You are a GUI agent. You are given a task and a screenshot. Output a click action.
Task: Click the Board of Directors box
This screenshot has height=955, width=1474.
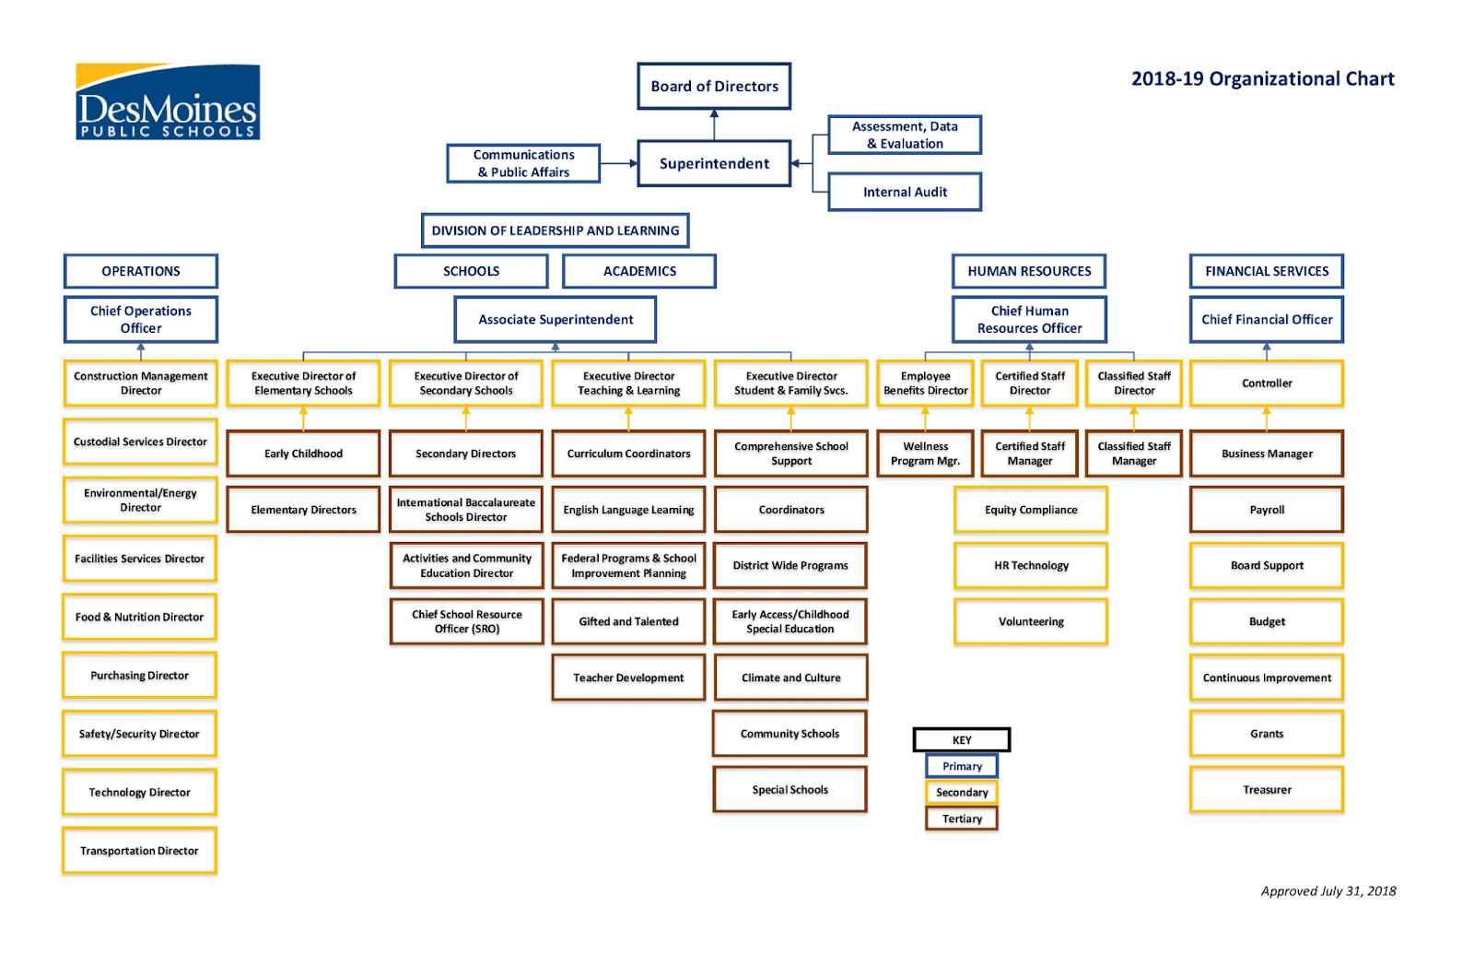(x=714, y=87)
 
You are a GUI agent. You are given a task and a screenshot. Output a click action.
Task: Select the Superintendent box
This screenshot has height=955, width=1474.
(x=714, y=163)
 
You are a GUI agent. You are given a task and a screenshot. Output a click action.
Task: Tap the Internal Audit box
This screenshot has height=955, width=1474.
(x=905, y=192)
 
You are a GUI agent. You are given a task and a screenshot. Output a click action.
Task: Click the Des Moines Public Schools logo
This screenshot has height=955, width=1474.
(x=168, y=101)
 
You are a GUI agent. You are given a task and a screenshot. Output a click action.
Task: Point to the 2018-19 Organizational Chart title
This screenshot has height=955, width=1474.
(x=1263, y=79)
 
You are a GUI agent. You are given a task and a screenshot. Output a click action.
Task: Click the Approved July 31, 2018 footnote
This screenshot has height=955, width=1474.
(x=1328, y=891)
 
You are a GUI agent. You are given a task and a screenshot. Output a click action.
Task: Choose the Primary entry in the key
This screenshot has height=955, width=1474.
(x=962, y=766)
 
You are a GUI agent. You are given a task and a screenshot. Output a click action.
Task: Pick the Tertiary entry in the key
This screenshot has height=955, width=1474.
(x=962, y=819)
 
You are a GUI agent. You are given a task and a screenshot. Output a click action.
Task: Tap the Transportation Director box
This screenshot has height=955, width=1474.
(x=139, y=851)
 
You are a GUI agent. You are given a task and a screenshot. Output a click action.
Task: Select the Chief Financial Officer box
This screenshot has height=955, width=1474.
(x=1267, y=320)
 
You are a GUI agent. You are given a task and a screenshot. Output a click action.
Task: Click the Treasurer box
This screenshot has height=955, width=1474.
(x=1267, y=790)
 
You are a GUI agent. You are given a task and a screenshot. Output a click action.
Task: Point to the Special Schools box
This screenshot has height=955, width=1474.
(x=790, y=790)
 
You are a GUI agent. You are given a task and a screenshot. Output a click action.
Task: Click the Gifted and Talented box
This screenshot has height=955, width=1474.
(x=628, y=621)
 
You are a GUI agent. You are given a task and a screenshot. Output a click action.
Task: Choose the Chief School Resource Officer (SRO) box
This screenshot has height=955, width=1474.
(x=466, y=621)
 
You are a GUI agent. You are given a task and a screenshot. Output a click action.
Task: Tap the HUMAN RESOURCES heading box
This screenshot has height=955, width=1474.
(x=1029, y=271)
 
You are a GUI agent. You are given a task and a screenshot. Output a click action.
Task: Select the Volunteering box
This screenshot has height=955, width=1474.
(x=1031, y=621)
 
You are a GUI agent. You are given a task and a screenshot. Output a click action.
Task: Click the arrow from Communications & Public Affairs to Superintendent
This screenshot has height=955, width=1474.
(x=619, y=163)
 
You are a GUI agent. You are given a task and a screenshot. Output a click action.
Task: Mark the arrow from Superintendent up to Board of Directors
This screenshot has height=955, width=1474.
(x=714, y=124)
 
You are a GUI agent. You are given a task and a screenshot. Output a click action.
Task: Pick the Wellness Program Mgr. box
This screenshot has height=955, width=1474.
(x=925, y=454)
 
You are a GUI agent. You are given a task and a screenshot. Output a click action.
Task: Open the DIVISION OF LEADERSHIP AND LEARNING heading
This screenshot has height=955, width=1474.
(x=556, y=230)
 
